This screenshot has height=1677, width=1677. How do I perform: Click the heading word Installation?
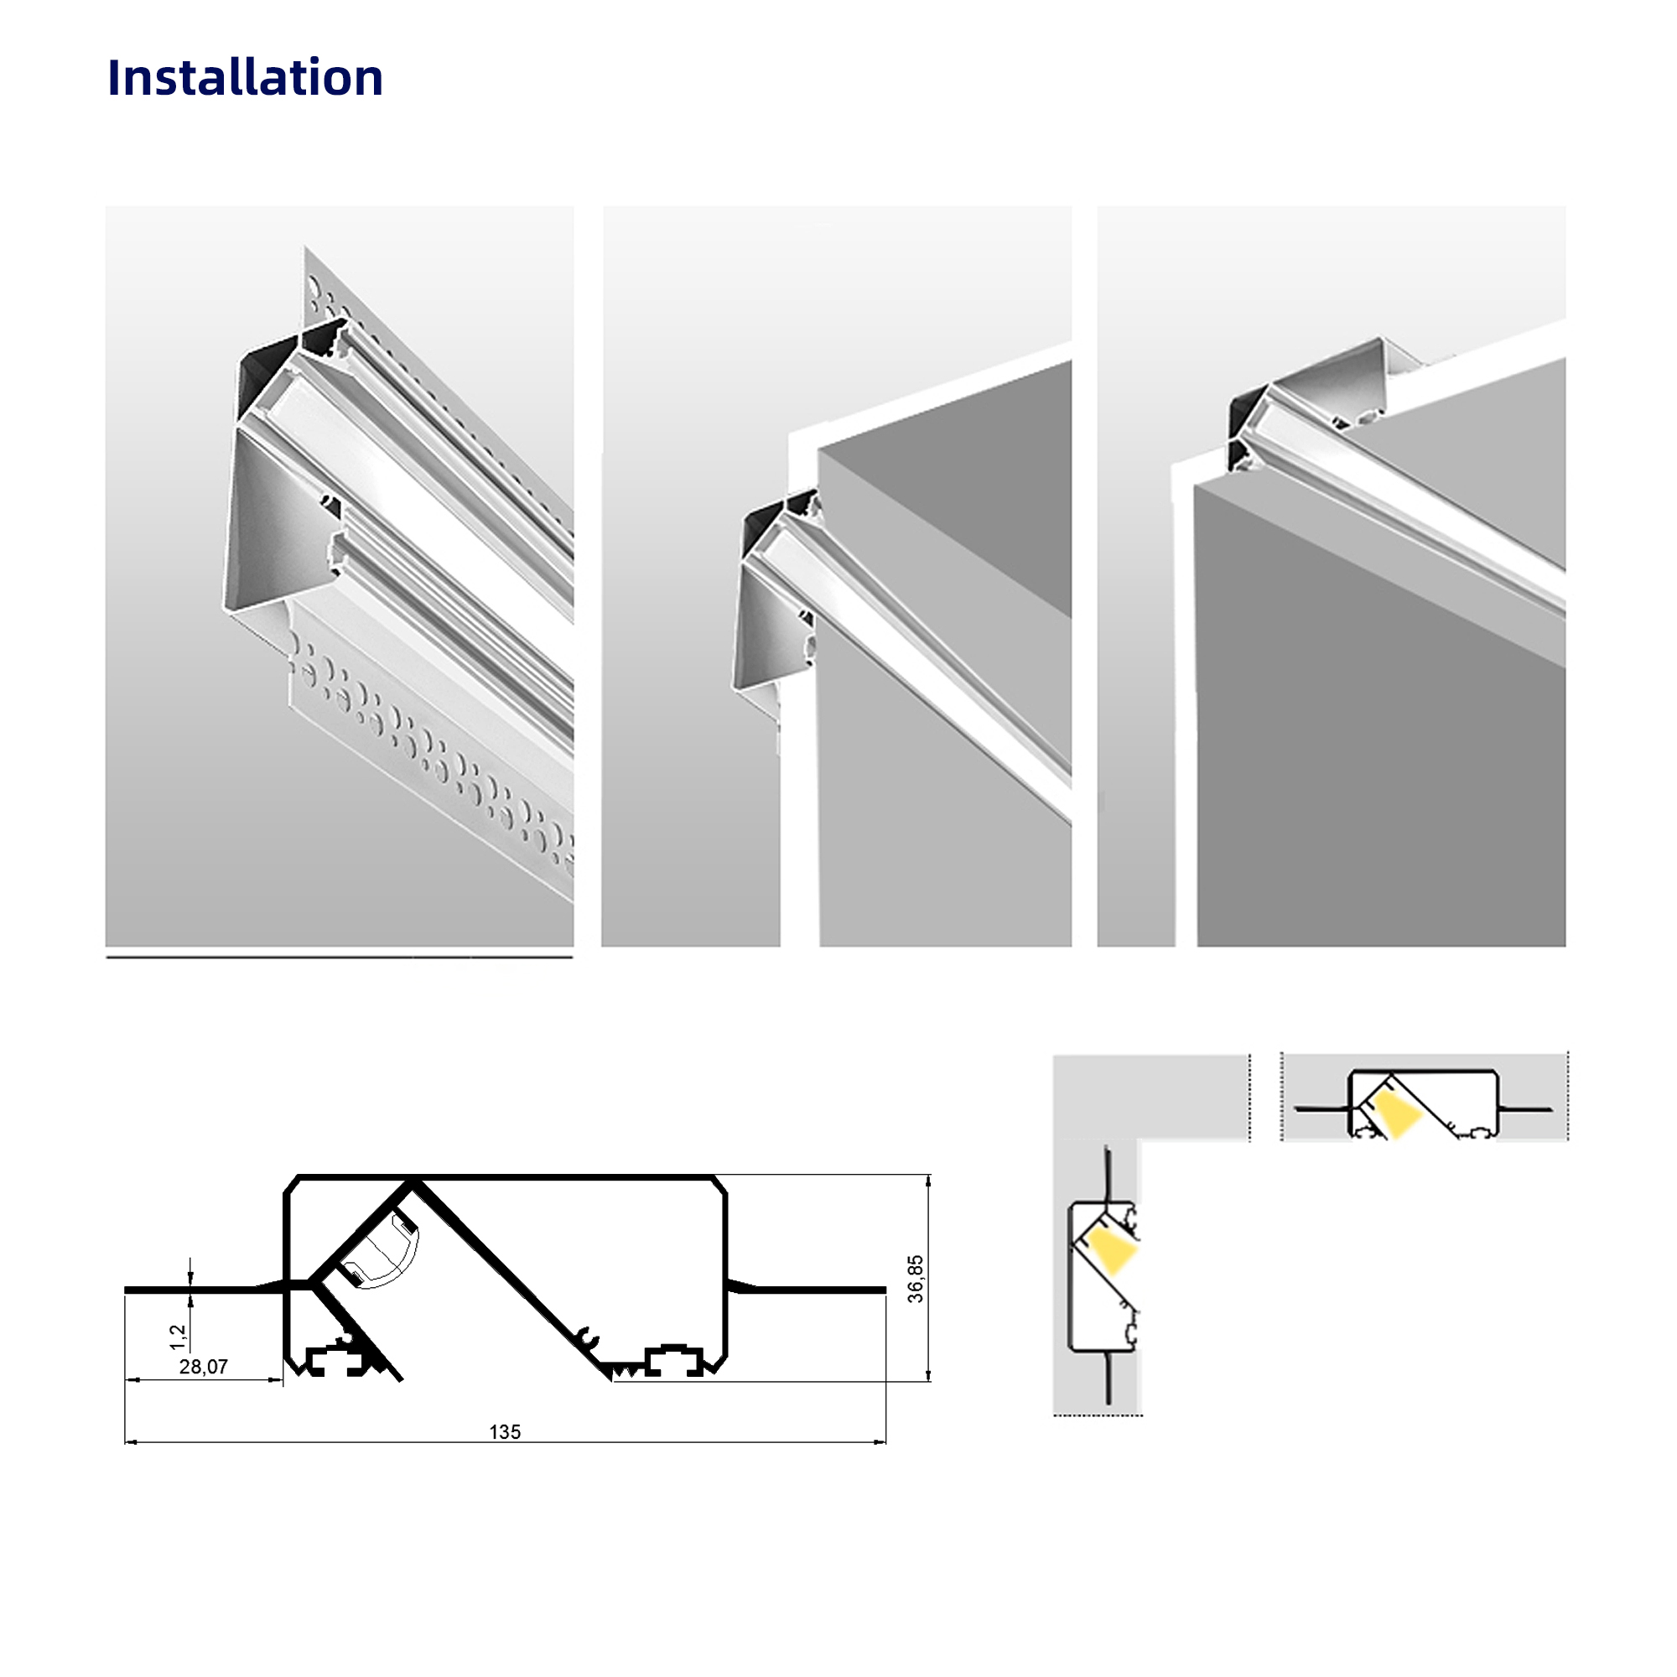245,77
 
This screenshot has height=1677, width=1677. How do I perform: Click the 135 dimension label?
504,1432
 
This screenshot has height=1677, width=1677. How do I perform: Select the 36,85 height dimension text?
916,1279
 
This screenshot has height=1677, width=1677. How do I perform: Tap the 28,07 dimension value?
203,1367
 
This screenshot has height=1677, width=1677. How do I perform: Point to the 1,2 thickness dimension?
178,1337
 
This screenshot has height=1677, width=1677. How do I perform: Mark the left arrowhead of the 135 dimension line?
131,1441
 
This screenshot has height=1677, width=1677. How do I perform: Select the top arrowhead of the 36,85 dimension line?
929,1181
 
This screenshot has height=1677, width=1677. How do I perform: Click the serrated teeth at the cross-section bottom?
626,1371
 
